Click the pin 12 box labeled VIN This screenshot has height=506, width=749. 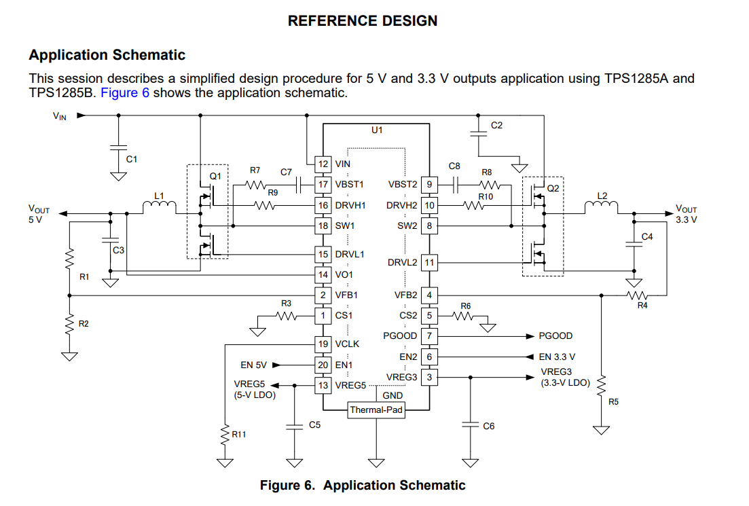click(324, 164)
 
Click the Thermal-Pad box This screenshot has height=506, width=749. click(376, 410)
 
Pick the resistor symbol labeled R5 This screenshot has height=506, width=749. click(601, 384)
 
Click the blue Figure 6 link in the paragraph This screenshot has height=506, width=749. click(125, 92)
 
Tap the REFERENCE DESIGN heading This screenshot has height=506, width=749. click(363, 21)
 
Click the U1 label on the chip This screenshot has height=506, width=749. click(377, 129)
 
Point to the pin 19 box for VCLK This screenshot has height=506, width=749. click(324, 344)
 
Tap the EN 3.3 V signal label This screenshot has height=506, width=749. click(557, 357)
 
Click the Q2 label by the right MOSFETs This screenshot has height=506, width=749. click(553, 188)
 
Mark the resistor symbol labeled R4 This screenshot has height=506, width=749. click(638, 295)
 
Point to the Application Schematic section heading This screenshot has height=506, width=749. click(107, 55)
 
